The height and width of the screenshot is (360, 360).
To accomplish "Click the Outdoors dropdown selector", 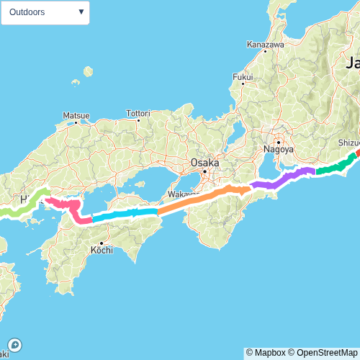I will pyautogui.click(x=45, y=12).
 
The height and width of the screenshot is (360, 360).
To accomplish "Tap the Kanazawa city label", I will pyautogui.click(x=266, y=44).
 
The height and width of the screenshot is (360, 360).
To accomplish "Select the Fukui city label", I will pyautogui.click(x=243, y=77).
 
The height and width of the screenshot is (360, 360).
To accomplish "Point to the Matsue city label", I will pyautogui.click(x=76, y=114).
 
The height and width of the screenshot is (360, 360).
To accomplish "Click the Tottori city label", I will pyautogui.click(x=138, y=113).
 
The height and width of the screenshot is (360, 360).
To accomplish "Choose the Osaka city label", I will pyautogui.click(x=204, y=163).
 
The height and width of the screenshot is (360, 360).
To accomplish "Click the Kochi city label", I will pyautogui.click(x=101, y=251).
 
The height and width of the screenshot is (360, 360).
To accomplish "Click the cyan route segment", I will pyautogui.click(x=122, y=214).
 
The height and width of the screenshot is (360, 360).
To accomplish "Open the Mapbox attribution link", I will pyautogui.click(x=266, y=353).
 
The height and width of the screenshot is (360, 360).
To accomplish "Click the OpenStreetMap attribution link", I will pyautogui.click(x=324, y=353).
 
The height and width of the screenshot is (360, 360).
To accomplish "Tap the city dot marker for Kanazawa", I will pyautogui.click(x=266, y=52).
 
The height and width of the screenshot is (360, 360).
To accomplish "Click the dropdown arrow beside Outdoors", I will pyautogui.click(x=81, y=12).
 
